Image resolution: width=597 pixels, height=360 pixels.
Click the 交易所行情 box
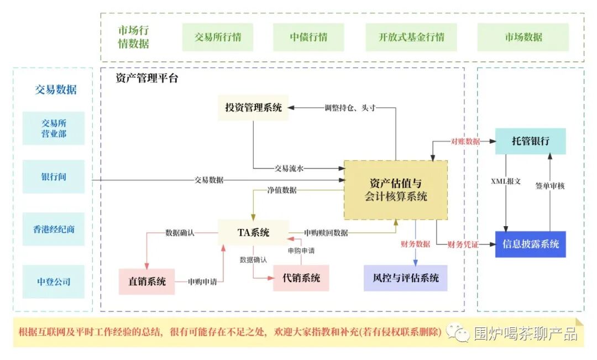pos(218,38)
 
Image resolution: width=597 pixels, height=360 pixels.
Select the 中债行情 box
pos(308,38)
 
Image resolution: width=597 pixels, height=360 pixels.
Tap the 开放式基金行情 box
pos(411,38)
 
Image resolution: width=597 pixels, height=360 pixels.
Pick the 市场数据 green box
pos(523,38)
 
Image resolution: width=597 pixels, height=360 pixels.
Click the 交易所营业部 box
pos(54,128)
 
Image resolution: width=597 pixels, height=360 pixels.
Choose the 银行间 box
pos(54,177)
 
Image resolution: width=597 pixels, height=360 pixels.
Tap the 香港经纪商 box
pos(54,229)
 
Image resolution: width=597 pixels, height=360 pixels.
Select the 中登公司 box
pos(54,281)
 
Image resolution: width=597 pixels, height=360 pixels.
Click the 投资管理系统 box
pos(253,108)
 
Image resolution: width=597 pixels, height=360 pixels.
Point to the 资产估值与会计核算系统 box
pos(396,189)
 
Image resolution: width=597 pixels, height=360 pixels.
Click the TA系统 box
pos(253,233)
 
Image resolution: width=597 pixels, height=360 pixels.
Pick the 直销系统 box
pos(147,281)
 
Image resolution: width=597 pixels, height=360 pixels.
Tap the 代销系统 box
pos(301,278)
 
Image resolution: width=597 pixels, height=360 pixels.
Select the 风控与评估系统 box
pos(405,278)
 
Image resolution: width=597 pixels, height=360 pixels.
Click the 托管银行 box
pos(530,142)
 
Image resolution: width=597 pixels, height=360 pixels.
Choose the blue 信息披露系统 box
pos(530,244)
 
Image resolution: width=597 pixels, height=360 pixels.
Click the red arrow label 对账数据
pos(465,142)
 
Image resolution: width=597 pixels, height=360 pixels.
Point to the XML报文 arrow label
pos(505,181)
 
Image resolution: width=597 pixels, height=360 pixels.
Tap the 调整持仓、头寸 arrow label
pos(350,108)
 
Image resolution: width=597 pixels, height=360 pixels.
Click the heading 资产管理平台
pos(147,78)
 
